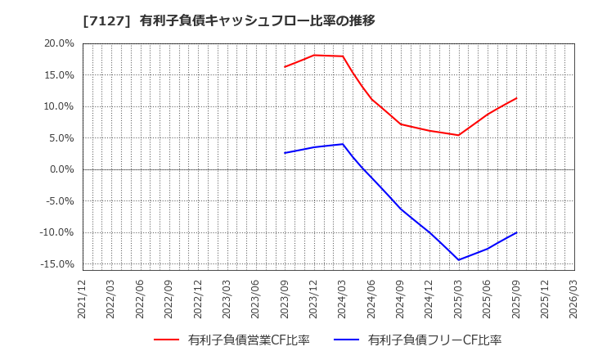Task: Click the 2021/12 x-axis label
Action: click(83, 299)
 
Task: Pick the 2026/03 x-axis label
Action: click(573, 299)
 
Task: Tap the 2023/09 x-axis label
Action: click(285, 299)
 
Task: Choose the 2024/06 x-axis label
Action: click(371, 299)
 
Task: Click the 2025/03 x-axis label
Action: click(458, 299)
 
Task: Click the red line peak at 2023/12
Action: click(313, 55)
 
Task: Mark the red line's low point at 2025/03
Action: click(458, 135)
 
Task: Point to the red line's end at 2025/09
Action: click(516, 98)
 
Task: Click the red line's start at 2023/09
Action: click(285, 67)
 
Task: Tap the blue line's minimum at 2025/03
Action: click(458, 260)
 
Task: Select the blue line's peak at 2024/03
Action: click(343, 144)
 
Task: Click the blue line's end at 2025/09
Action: click(516, 232)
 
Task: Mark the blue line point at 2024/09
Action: click(400, 209)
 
